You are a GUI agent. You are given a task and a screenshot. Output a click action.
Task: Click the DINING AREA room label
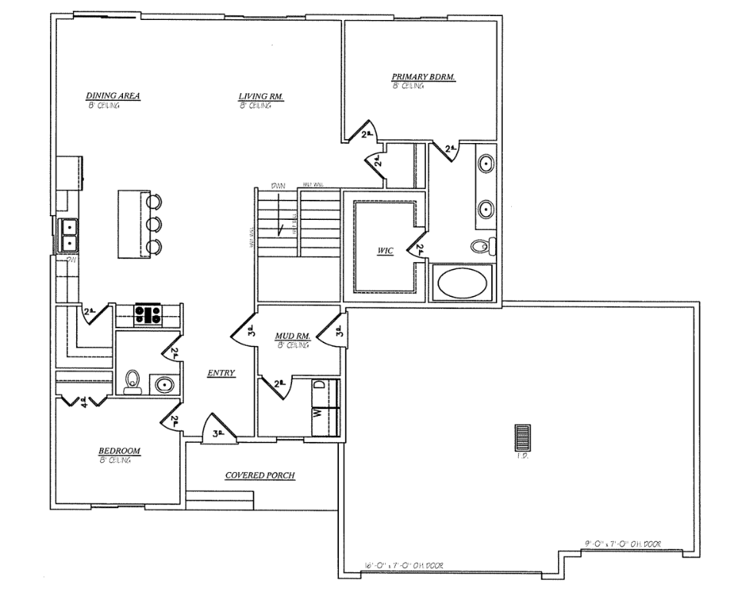[x=112, y=96]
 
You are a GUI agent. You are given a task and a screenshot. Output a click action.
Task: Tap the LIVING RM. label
[x=261, y=96]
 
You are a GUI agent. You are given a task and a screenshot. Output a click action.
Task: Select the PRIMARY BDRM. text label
[x=424, y=77]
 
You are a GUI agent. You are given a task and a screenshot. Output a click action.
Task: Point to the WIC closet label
[x=384, y=251]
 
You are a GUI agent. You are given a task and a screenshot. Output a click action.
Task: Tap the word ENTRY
[x=221, y=373]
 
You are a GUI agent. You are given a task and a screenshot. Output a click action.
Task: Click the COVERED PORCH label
[x=260, y=475]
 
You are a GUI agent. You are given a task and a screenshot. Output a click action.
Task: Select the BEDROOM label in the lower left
[x=119, y=451]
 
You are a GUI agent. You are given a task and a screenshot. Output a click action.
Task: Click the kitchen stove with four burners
[x=148, y=314]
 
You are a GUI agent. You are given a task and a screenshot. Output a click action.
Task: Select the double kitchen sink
[x=69, y=234]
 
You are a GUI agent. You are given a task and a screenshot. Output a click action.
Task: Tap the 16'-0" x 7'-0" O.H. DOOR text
[x=403, y=566]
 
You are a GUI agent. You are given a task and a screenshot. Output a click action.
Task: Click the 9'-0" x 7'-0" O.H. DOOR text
[x=622, y=544]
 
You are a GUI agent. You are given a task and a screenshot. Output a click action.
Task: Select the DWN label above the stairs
[x=277, y=185]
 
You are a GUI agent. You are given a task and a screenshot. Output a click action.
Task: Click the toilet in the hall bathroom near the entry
[x=132, y=381]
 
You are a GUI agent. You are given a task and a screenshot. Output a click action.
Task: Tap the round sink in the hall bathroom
[x=163, y=384]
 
